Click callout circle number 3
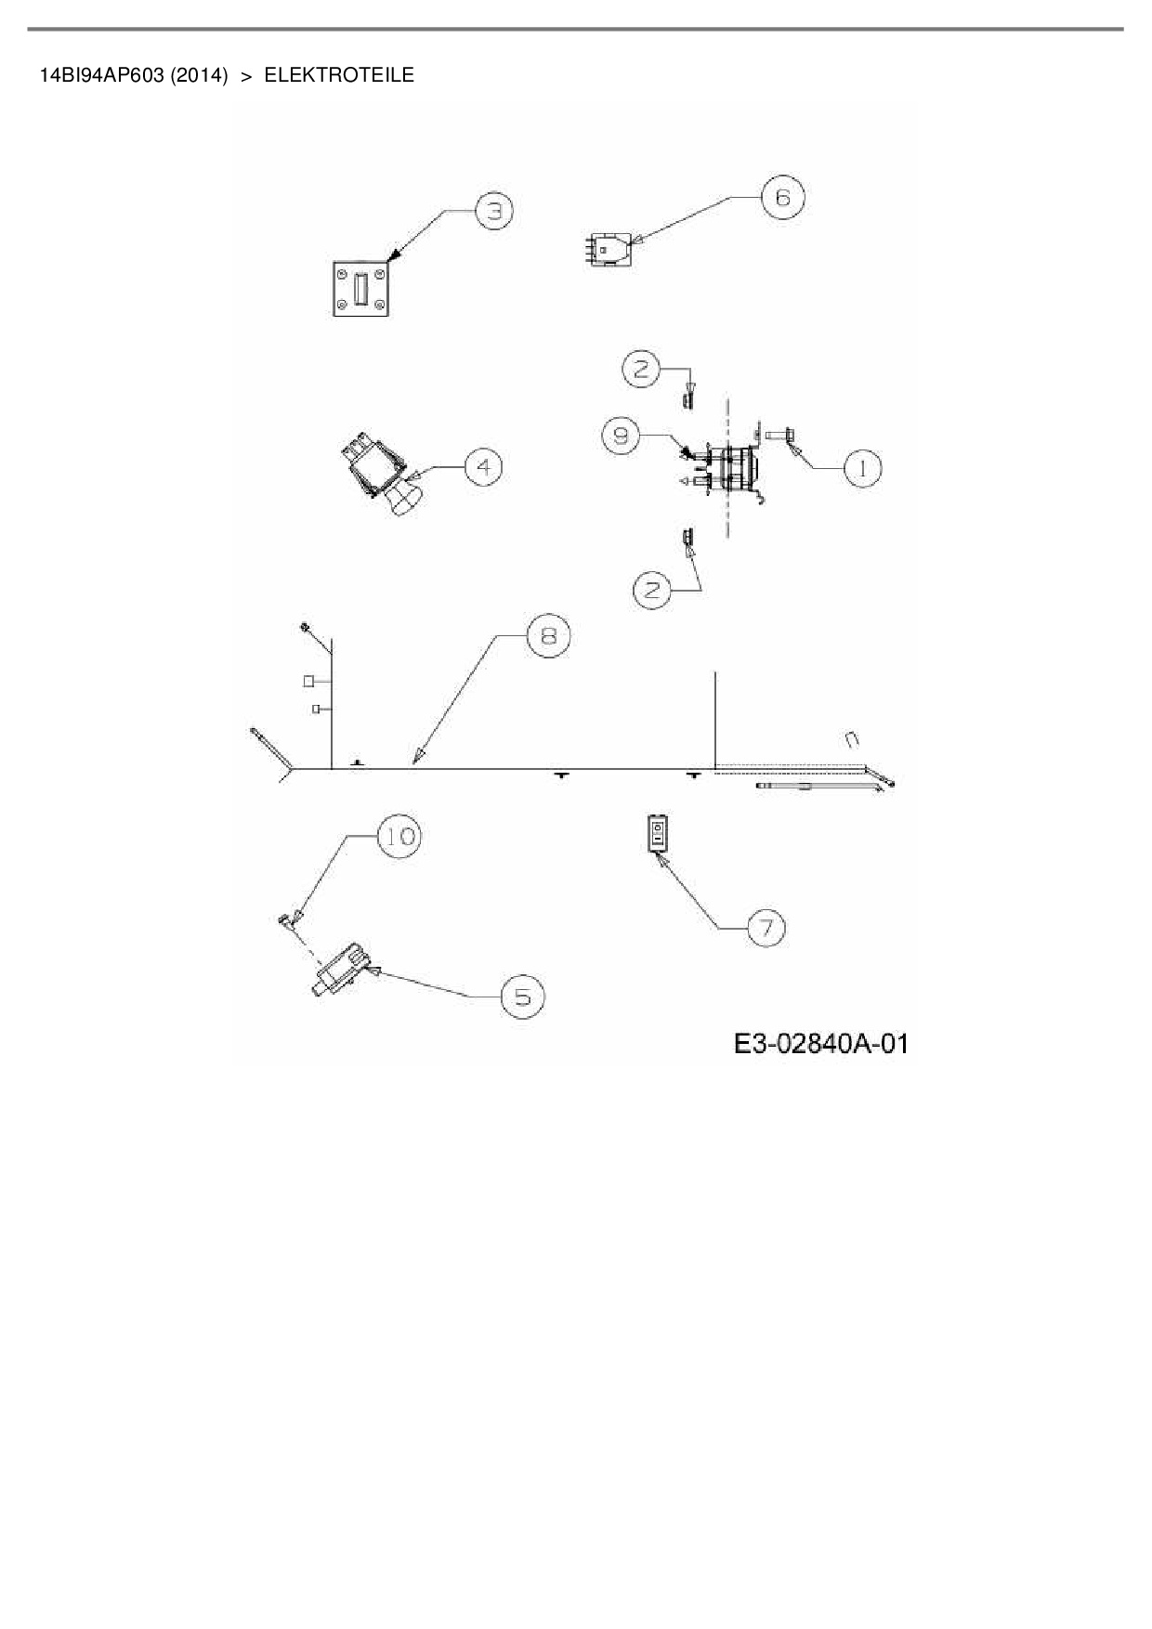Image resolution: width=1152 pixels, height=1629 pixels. pyautogui.click(x=494, y=212)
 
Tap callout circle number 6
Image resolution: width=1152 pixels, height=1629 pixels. pyautogui.click(x=782, y=197)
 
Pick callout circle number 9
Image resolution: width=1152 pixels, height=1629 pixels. pyautogui.click(x=621, y=436)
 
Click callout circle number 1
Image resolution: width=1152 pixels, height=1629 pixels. pyautogui.click(x=862, y=468)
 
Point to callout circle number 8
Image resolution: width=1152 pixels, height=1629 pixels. pyautogui.click(x=548, y=635)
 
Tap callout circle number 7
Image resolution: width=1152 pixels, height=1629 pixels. pyautogui.click(x=766, y=927)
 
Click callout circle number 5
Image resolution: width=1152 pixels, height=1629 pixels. pyautogui.click(x=523, y=997)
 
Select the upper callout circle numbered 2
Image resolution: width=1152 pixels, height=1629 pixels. pyautogui.click(x=641, y=369)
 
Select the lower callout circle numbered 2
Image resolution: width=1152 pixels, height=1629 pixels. pyautogui.click(x=653, y=590)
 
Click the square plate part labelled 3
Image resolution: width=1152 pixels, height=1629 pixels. pyautogui.click(x=360, y=288)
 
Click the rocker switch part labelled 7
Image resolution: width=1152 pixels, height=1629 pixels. pyautogui.click(x=657, y=833)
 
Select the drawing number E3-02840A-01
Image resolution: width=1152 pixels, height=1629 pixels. pyautogui.click(x=820, y=1044)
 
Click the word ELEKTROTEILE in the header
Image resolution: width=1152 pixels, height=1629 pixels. pyautogui.click(x=339, y=75)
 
